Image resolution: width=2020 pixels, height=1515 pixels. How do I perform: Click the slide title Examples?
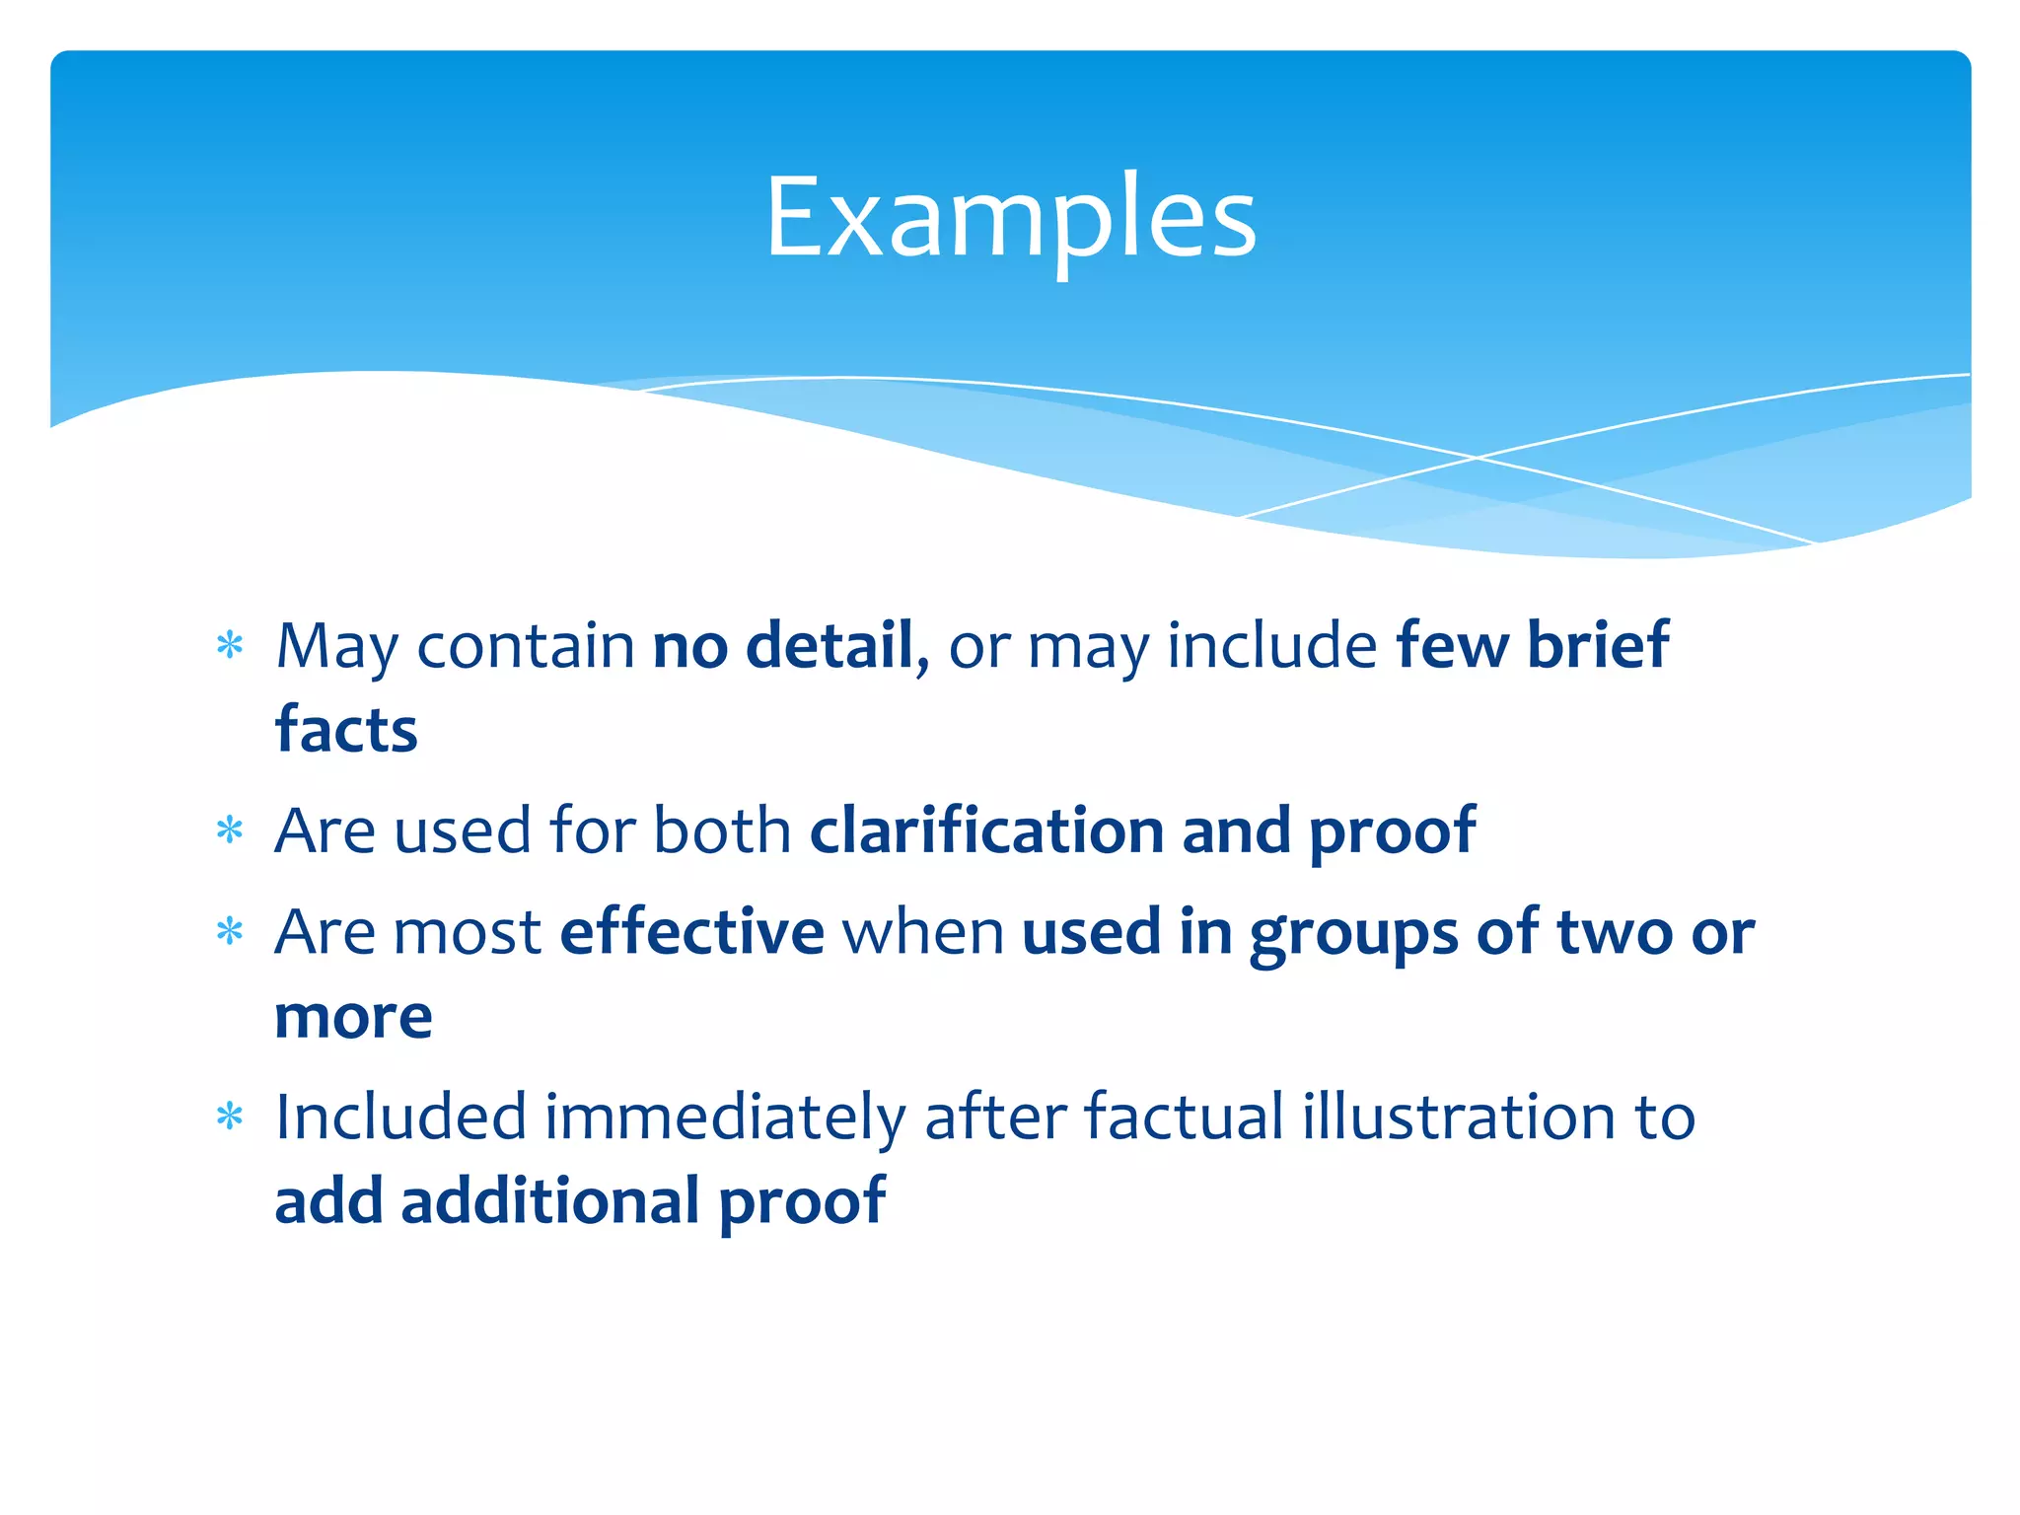point(1010,217)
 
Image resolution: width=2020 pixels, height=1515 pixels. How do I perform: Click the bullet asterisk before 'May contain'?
point(230,646)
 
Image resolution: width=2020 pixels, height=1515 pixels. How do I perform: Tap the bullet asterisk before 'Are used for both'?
point(230,830)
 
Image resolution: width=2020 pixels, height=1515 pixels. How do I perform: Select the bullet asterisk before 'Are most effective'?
point(230,932)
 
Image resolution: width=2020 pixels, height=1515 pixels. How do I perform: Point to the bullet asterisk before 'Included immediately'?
point(230,1118)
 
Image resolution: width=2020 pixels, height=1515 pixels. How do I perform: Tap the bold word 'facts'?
point(346,731)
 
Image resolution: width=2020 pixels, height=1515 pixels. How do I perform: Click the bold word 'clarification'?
point(987,830)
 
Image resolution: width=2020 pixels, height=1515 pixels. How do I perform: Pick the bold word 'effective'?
point(692,932)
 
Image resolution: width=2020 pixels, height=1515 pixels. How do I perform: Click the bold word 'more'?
point(353,1017)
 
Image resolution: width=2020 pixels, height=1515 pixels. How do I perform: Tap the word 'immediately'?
point(725,1118)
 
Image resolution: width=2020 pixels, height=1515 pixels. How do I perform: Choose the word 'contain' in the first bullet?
point(526,646)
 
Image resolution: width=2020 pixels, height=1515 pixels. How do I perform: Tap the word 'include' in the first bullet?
point(1271,646)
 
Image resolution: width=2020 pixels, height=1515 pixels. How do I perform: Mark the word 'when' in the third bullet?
point(923,932)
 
